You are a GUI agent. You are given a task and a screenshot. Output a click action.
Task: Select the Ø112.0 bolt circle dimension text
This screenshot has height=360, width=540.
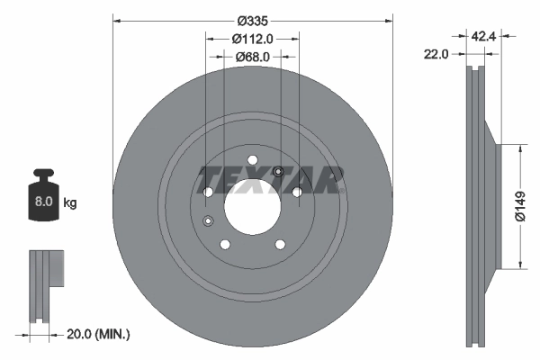[x=252, y=39]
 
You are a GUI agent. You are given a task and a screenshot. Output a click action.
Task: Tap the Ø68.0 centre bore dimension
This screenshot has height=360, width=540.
[x=252, y=58]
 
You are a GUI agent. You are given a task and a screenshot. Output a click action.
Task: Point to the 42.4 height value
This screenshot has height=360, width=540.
[x=483, y=38]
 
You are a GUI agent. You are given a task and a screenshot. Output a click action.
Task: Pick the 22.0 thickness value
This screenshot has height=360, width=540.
[x=436, y=54]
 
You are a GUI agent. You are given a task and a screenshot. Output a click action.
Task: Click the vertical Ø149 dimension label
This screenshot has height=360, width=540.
[x=520, y=205]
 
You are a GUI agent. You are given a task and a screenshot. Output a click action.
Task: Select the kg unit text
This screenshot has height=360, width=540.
[x=70, y=203]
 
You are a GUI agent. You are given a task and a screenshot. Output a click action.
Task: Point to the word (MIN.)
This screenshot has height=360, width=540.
[x=114, y=334]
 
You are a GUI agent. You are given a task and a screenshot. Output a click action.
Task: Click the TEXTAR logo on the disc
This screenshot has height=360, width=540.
[x=270, y=178]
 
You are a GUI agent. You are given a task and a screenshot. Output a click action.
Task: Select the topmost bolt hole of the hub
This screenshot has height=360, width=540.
[x=253, y=162]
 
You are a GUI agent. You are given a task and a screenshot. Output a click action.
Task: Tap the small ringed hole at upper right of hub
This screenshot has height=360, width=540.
[x=277, y=172]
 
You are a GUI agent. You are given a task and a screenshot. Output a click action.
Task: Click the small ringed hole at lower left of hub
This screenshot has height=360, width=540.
[x=209, y=221]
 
